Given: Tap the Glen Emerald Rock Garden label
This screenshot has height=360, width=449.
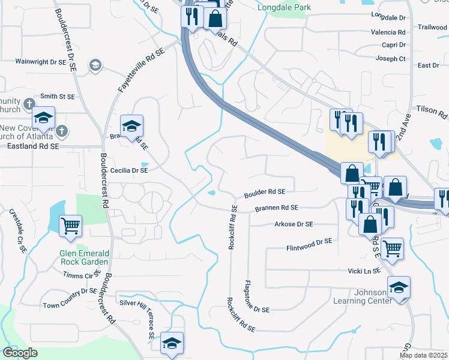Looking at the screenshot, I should (x=84, y=257).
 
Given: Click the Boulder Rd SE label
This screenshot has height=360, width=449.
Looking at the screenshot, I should (x=264, y=193).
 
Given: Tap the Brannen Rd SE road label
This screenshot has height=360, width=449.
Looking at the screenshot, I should (x=276, y=208).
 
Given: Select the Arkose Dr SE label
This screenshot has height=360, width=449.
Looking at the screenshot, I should (x=294, y=224).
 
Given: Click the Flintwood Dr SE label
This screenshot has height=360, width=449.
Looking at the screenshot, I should (x=309, y=244).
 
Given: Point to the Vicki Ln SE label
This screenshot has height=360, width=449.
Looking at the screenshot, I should (x=364, y=271).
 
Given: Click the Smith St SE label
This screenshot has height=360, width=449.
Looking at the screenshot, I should (x=57, y=96).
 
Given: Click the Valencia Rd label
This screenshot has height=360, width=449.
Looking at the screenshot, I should (x=388, y=32).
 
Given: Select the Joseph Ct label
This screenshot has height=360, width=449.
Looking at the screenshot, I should (x=390, y=59).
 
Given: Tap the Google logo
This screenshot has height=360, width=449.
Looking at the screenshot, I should (x=20, y=353).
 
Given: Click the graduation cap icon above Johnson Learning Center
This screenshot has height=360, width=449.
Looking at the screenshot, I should (x=399, y=287).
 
